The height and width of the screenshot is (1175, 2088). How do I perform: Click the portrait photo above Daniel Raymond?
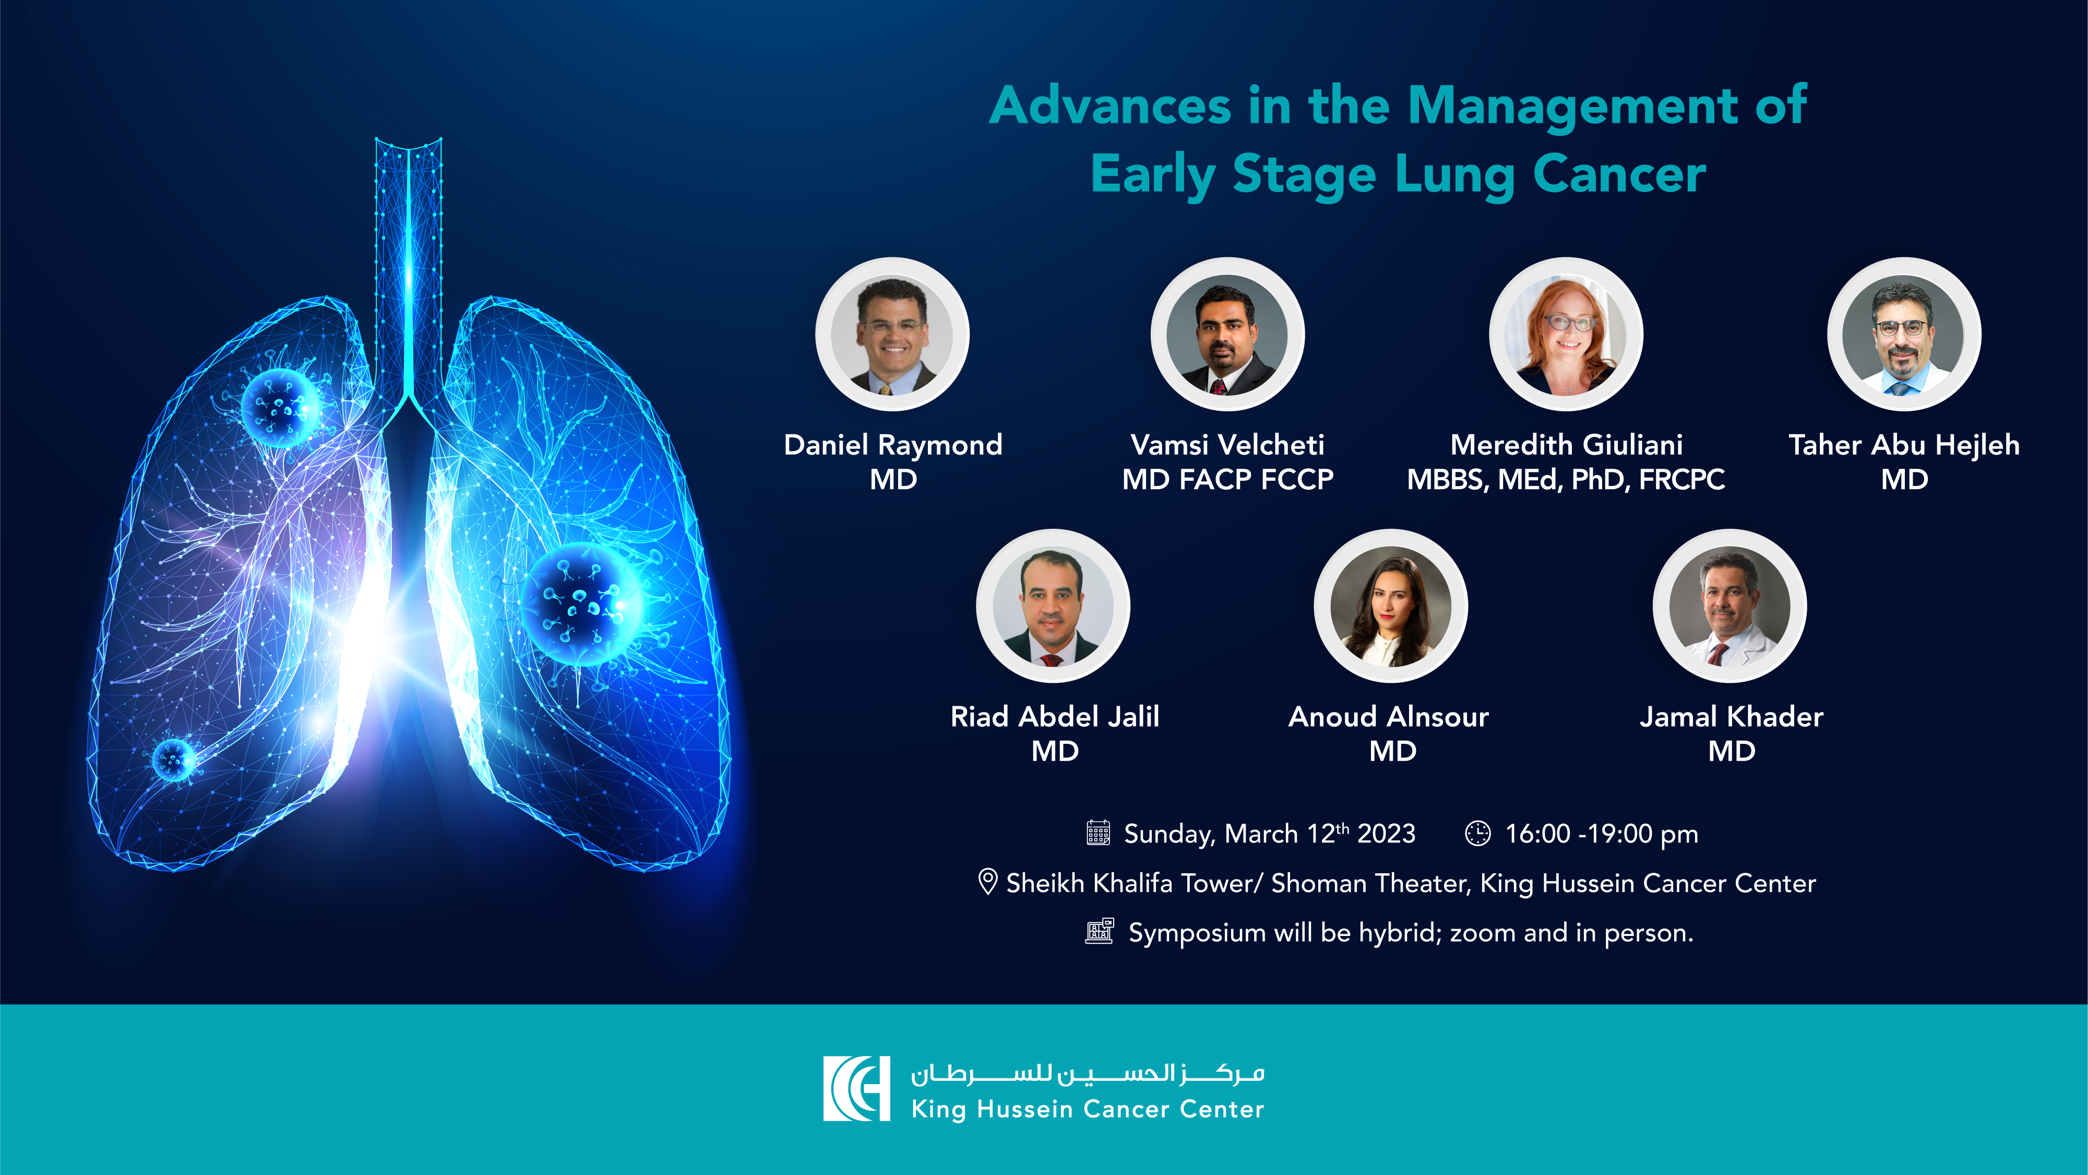click(892, 334)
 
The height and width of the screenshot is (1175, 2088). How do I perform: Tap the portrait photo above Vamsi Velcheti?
click(1227, 334)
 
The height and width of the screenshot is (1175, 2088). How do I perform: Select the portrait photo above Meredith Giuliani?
click(1566, 334)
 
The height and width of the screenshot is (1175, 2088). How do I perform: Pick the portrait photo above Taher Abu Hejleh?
click(1904, 334)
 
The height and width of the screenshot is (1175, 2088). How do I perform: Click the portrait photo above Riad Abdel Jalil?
click(1053, 606)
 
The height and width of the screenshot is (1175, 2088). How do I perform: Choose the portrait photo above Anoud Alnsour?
click(1391, 606)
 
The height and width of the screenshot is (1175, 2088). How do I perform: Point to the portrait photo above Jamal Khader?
click(1729, 606)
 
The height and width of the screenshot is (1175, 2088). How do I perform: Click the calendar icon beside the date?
click(1099, 833)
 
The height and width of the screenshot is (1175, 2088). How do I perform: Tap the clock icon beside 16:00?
click(1477, 833)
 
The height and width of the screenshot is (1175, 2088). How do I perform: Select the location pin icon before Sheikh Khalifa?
click(987, 882)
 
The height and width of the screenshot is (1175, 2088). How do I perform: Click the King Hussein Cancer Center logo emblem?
click(857, 1088)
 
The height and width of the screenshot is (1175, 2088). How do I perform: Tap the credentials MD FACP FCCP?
click(1227, 479)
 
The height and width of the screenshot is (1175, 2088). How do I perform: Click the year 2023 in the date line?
click(1386, 834)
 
